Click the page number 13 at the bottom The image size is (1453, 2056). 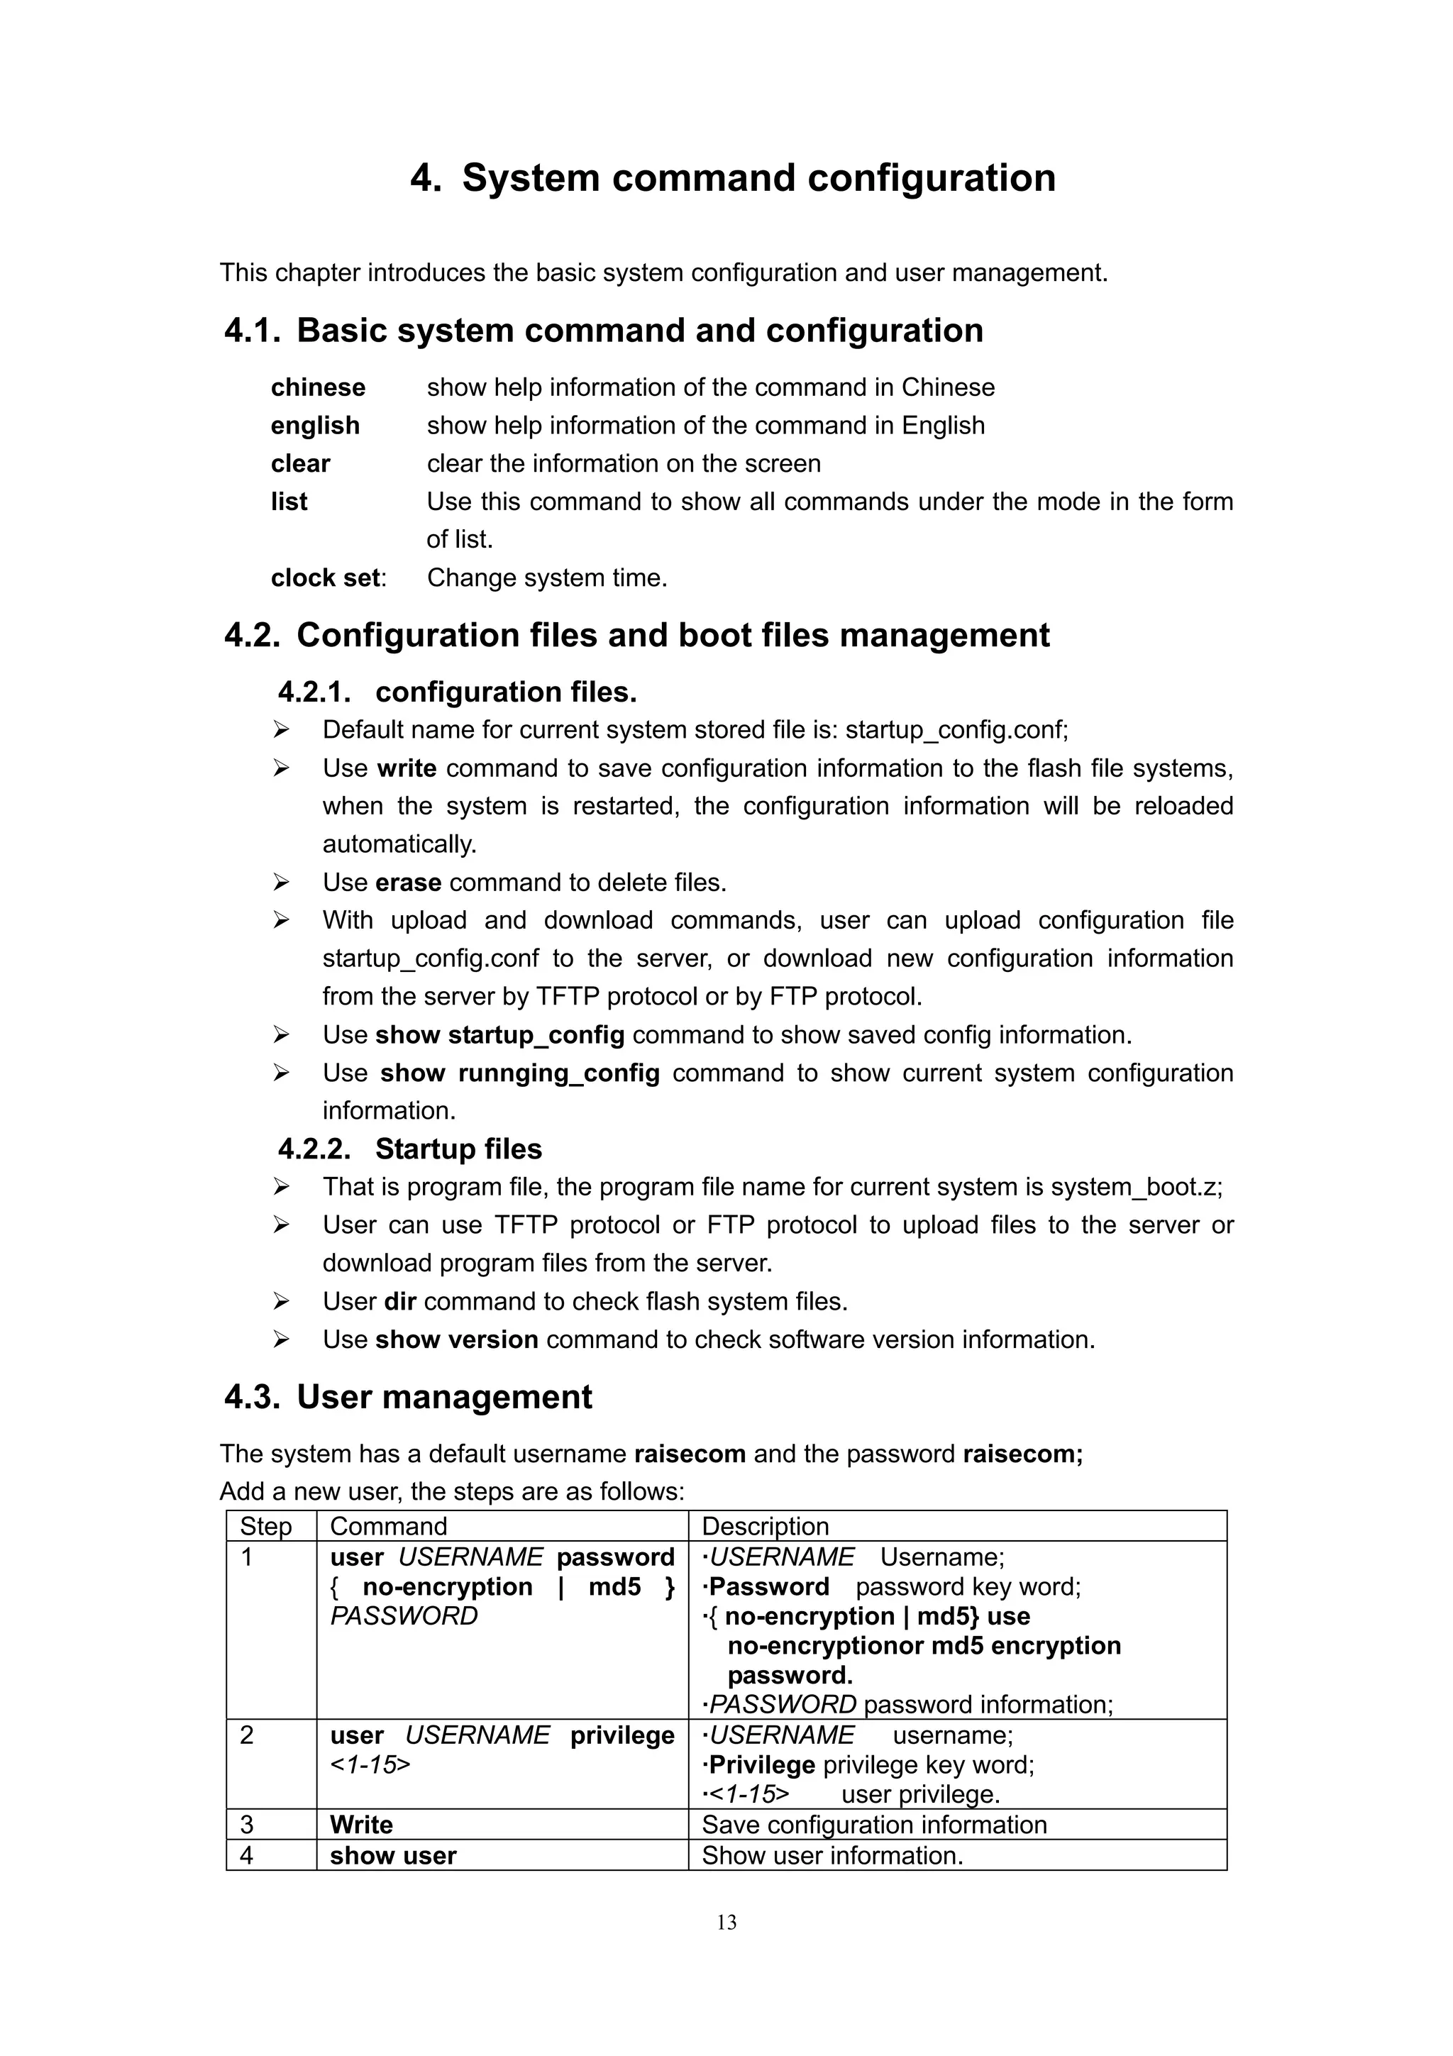point(726,1922)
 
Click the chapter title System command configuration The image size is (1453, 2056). point(758,177)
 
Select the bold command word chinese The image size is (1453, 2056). point(318,388)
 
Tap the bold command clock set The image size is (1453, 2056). point(326,578)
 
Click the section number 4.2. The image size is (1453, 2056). point(252,636)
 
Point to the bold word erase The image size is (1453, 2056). point(408,883)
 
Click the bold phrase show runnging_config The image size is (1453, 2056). point(519,1073)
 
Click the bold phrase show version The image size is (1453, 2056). point(457,1339)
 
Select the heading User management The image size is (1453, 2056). point(444,1398)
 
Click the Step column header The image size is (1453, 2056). point(266,1527)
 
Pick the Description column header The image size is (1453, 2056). point(765,1527)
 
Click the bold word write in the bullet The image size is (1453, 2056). point(407,769)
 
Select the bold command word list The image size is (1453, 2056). point(289,502)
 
